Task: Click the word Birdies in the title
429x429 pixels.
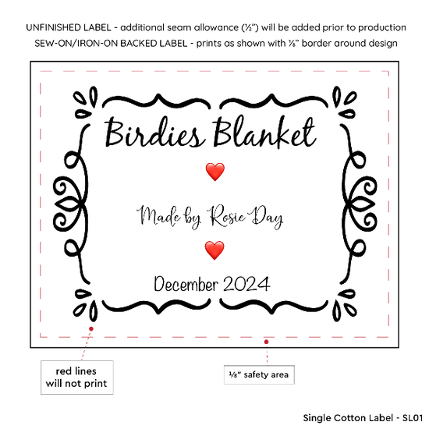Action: coord(155,133)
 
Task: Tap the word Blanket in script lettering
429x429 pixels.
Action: coord(264,132)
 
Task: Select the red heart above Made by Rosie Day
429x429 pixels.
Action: coord(215,172)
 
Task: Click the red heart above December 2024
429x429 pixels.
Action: coord(214,250)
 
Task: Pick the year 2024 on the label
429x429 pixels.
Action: coord(246,284)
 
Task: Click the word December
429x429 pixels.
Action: coord(186,284)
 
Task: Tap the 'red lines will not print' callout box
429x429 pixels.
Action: coord(77,378)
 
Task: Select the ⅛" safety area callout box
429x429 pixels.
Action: coord(259,374)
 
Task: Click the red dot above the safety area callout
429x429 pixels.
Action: coord(266,342)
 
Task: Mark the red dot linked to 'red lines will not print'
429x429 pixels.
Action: coord(91,328)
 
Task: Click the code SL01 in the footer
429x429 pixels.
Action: coord(413,418)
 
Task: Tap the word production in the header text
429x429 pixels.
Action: coord(382,27)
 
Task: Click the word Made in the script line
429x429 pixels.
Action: coord(158,216)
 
